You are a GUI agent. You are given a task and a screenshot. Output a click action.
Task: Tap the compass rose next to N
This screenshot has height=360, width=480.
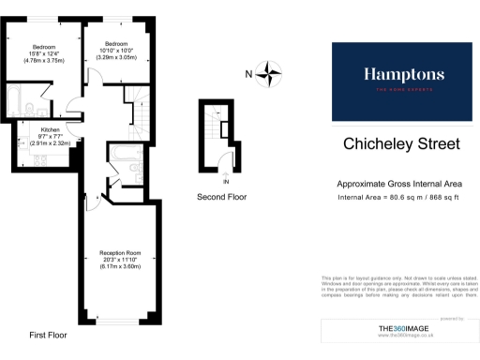272,72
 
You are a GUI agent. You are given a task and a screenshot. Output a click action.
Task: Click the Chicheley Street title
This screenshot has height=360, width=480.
401,144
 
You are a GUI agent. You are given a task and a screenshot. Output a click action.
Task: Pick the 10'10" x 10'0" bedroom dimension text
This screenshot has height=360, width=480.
116,52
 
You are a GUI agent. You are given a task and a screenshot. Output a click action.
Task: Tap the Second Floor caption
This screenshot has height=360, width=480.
222,198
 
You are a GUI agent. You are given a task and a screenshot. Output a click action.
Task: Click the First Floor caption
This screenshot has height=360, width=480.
48,334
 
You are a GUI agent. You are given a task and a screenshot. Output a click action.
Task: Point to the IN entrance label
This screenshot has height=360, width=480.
225,172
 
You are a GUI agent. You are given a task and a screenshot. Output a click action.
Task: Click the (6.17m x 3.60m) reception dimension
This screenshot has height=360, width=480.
120,268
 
